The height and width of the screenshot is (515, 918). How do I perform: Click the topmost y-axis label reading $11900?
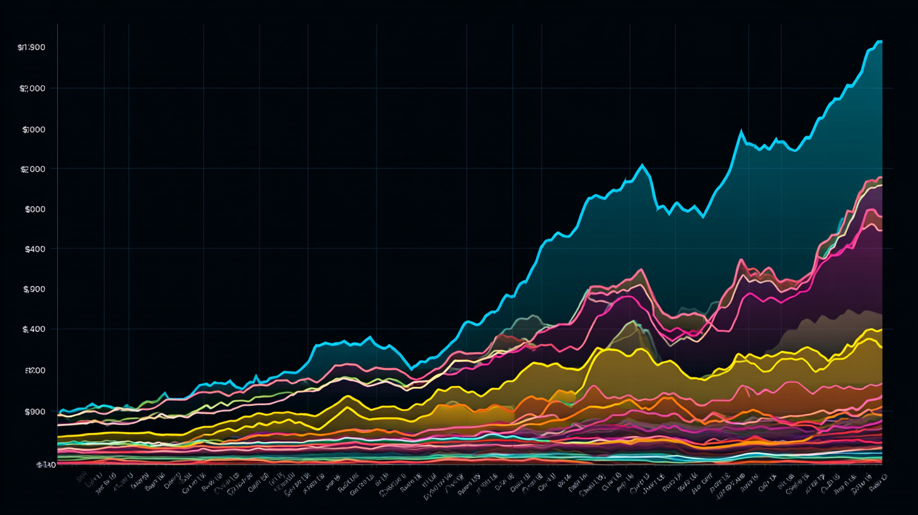pos(32,48)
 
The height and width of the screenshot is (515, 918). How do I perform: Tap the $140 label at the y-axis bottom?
pos(45,465)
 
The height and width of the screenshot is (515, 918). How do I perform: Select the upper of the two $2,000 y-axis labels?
pos(32,89)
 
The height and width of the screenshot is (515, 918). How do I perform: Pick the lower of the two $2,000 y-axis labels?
pos(33,169)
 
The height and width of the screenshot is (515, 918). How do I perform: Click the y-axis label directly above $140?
pos(35,412)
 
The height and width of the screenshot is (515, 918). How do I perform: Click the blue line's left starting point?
pos(59,413)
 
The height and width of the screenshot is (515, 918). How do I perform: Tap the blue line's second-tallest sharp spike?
pos(741,132)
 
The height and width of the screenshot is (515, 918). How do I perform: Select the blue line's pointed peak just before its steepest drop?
pos(642,165)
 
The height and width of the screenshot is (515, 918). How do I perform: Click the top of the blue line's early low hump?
pos(369,337)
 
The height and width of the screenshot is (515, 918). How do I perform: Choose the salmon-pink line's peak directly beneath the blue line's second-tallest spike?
pos(742,260)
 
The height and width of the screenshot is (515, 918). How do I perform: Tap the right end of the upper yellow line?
pos(881,329)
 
